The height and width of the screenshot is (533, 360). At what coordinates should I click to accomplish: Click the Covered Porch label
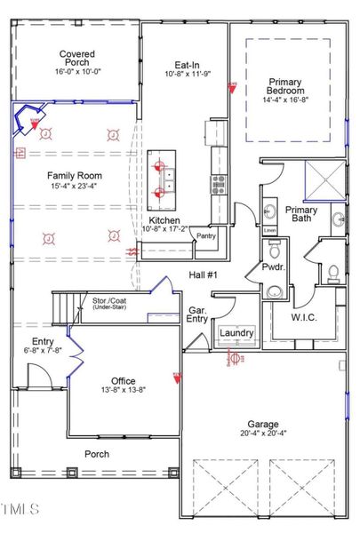point(77,59)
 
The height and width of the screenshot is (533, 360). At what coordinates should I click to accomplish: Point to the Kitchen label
point(165,219)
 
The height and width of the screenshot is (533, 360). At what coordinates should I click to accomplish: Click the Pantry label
point(206,236)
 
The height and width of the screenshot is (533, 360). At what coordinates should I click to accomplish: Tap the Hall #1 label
point(204,275)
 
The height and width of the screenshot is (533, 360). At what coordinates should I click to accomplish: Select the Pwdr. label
point(272,266)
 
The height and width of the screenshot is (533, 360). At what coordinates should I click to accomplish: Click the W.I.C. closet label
point(304,316)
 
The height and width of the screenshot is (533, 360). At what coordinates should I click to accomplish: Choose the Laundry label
point(236,333)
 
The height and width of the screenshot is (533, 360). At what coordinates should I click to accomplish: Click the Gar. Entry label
point(197,316)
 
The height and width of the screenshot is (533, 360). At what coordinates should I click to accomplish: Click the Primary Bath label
point(301,216)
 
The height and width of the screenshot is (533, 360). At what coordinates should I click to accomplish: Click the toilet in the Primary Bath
point(333,270)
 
